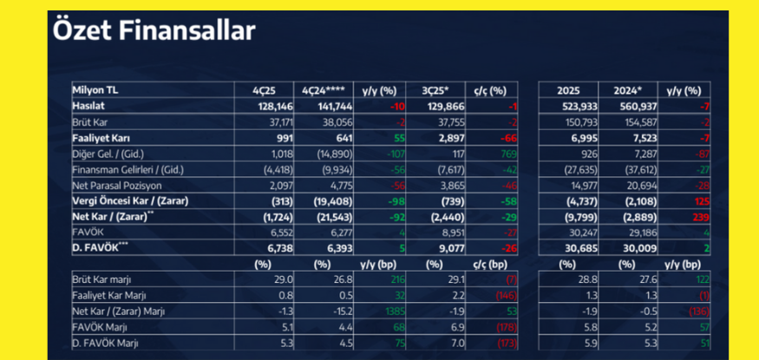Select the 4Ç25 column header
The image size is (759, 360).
265,89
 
